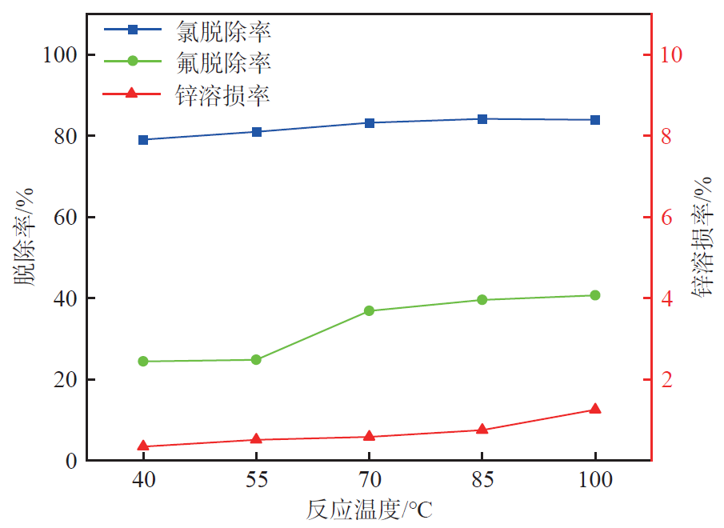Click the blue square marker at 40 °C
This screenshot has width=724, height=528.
143,140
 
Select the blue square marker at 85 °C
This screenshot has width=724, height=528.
482,119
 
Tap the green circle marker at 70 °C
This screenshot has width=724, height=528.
369,310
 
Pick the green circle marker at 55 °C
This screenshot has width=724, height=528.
256,359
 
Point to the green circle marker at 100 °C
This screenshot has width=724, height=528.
594,295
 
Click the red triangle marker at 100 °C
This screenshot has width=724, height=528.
594,409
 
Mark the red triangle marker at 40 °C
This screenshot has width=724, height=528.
143,446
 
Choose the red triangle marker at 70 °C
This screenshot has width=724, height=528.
369,436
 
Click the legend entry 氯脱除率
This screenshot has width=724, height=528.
223,30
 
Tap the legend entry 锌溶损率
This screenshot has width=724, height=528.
223,94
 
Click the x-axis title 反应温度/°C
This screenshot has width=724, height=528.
369,510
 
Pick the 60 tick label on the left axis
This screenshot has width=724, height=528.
64,218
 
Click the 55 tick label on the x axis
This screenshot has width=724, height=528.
256,480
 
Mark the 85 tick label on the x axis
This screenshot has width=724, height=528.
482,480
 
